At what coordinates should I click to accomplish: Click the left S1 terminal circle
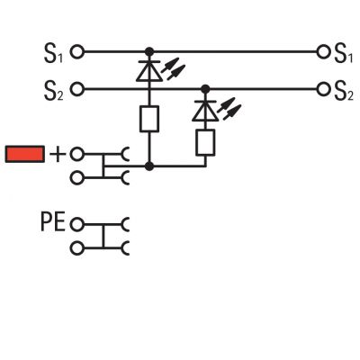coord(77,52)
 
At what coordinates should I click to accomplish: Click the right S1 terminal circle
coord(323,52)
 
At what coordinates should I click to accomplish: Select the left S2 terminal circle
coord(77,89)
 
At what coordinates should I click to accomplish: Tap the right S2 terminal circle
coord(323,89)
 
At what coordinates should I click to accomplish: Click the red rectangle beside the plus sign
coord(25,154)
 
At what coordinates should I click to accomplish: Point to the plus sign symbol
coord(58,155)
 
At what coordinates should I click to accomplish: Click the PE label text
coord(53,222)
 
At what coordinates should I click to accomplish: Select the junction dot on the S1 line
coord(149,52)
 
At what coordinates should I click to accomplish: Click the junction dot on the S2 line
coord(205,89)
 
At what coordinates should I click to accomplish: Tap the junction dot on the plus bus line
coord(149,166)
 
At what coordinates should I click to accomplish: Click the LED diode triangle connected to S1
coord(149,71)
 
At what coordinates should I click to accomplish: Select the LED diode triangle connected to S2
coord(205,111)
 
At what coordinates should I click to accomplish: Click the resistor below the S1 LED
coord(149,119)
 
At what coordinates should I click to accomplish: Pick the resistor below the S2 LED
coord(205,142)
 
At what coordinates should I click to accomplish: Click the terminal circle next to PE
coord(77,224)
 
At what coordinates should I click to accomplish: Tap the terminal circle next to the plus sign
coord(77,154)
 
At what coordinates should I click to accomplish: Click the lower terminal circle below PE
coord(77,248)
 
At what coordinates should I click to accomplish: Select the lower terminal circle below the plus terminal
coord(77,178)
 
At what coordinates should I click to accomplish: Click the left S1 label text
coord(54,54)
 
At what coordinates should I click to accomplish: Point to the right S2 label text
coord(344,91)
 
